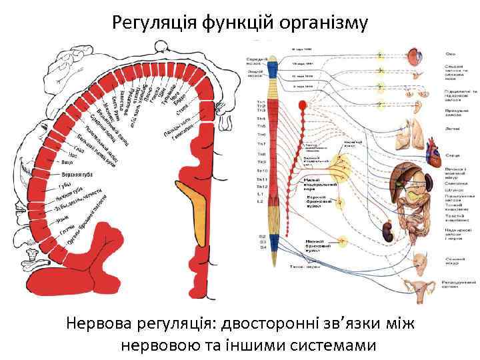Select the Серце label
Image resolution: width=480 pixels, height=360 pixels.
453,155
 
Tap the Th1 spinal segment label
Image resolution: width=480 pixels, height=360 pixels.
261,102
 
